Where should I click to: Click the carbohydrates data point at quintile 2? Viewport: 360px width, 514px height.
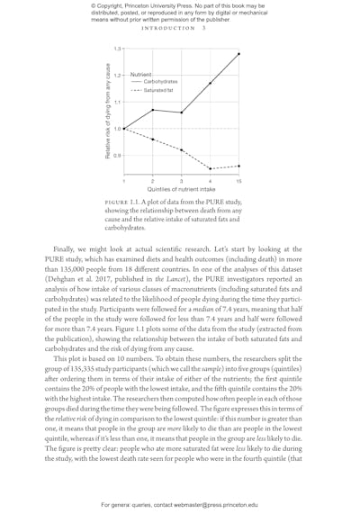(153, 110)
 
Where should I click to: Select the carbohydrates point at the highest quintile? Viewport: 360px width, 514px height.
(239, 54)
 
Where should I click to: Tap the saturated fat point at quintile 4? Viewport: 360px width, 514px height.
(211, 168)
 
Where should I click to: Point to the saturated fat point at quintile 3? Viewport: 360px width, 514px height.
(182, 149)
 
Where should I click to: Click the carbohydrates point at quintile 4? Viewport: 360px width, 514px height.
(211, 83)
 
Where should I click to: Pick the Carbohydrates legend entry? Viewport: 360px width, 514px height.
(160, 82)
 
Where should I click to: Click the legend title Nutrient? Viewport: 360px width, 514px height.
(140, 74)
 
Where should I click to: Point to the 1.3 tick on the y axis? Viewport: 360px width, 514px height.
(117, 48)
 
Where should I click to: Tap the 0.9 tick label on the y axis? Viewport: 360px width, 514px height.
(117, 156)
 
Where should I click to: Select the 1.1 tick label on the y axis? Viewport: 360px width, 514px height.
(117, 102)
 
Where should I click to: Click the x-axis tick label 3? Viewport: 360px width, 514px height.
(182, 181)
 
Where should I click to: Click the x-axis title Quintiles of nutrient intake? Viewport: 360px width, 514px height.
(181, 190)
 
